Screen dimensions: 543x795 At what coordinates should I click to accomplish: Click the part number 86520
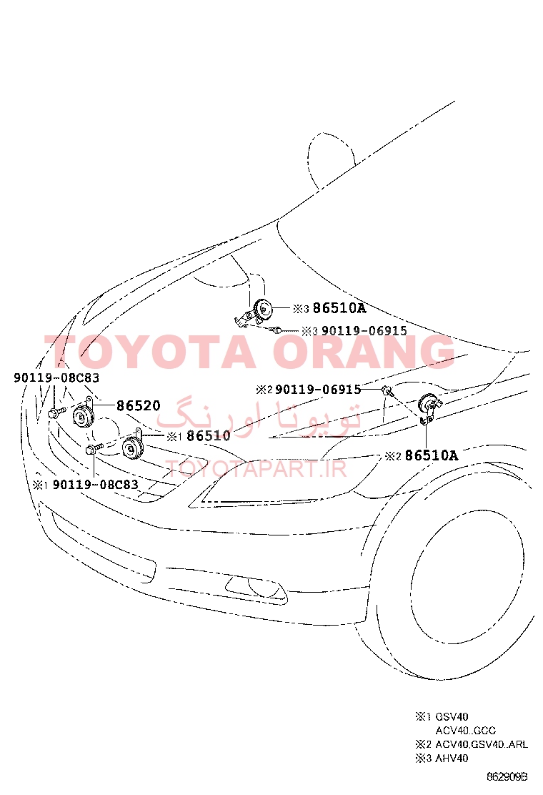coord(139,405)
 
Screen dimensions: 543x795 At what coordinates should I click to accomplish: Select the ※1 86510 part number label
coord(199,436)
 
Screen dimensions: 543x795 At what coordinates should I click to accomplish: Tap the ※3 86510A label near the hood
coord(329,308)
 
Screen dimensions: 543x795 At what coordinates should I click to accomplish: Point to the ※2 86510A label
coord(422,456)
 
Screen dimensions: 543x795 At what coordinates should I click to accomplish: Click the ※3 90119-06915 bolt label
coord(354,331)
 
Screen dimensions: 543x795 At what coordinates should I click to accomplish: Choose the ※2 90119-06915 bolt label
coord(309,390)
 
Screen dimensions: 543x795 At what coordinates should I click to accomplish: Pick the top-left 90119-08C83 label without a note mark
coord(56,377)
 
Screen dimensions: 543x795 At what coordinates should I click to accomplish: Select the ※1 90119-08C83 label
coord(86,485)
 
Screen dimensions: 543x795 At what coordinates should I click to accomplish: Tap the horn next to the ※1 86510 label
coord(134,448)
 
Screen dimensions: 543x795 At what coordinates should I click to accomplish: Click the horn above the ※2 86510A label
coord(429,406)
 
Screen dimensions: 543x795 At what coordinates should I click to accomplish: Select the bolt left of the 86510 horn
coord(94,448)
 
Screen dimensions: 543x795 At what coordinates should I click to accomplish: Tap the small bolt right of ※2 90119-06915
coord(387,390)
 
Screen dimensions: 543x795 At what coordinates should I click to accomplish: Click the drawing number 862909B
coord(507,776)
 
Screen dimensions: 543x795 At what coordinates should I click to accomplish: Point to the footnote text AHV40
coord(452,759)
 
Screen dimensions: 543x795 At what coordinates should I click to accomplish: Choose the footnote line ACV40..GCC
coord(466,731)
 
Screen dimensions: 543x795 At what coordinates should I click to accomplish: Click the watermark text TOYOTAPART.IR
coord(256,469)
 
